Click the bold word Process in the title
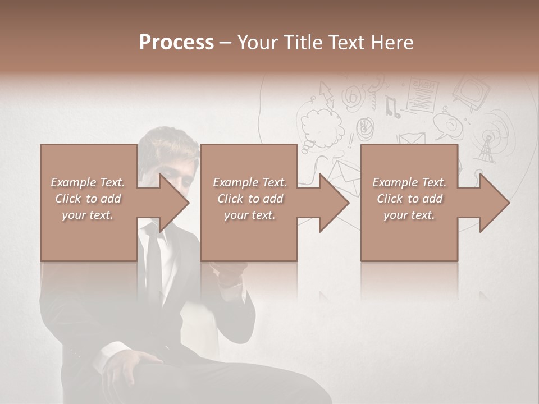coord(176,42)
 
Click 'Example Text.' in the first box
coord(88,182)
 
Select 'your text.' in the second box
coord(249,215)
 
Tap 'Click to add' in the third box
coord(409,199)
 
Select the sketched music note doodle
coord(394,107)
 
